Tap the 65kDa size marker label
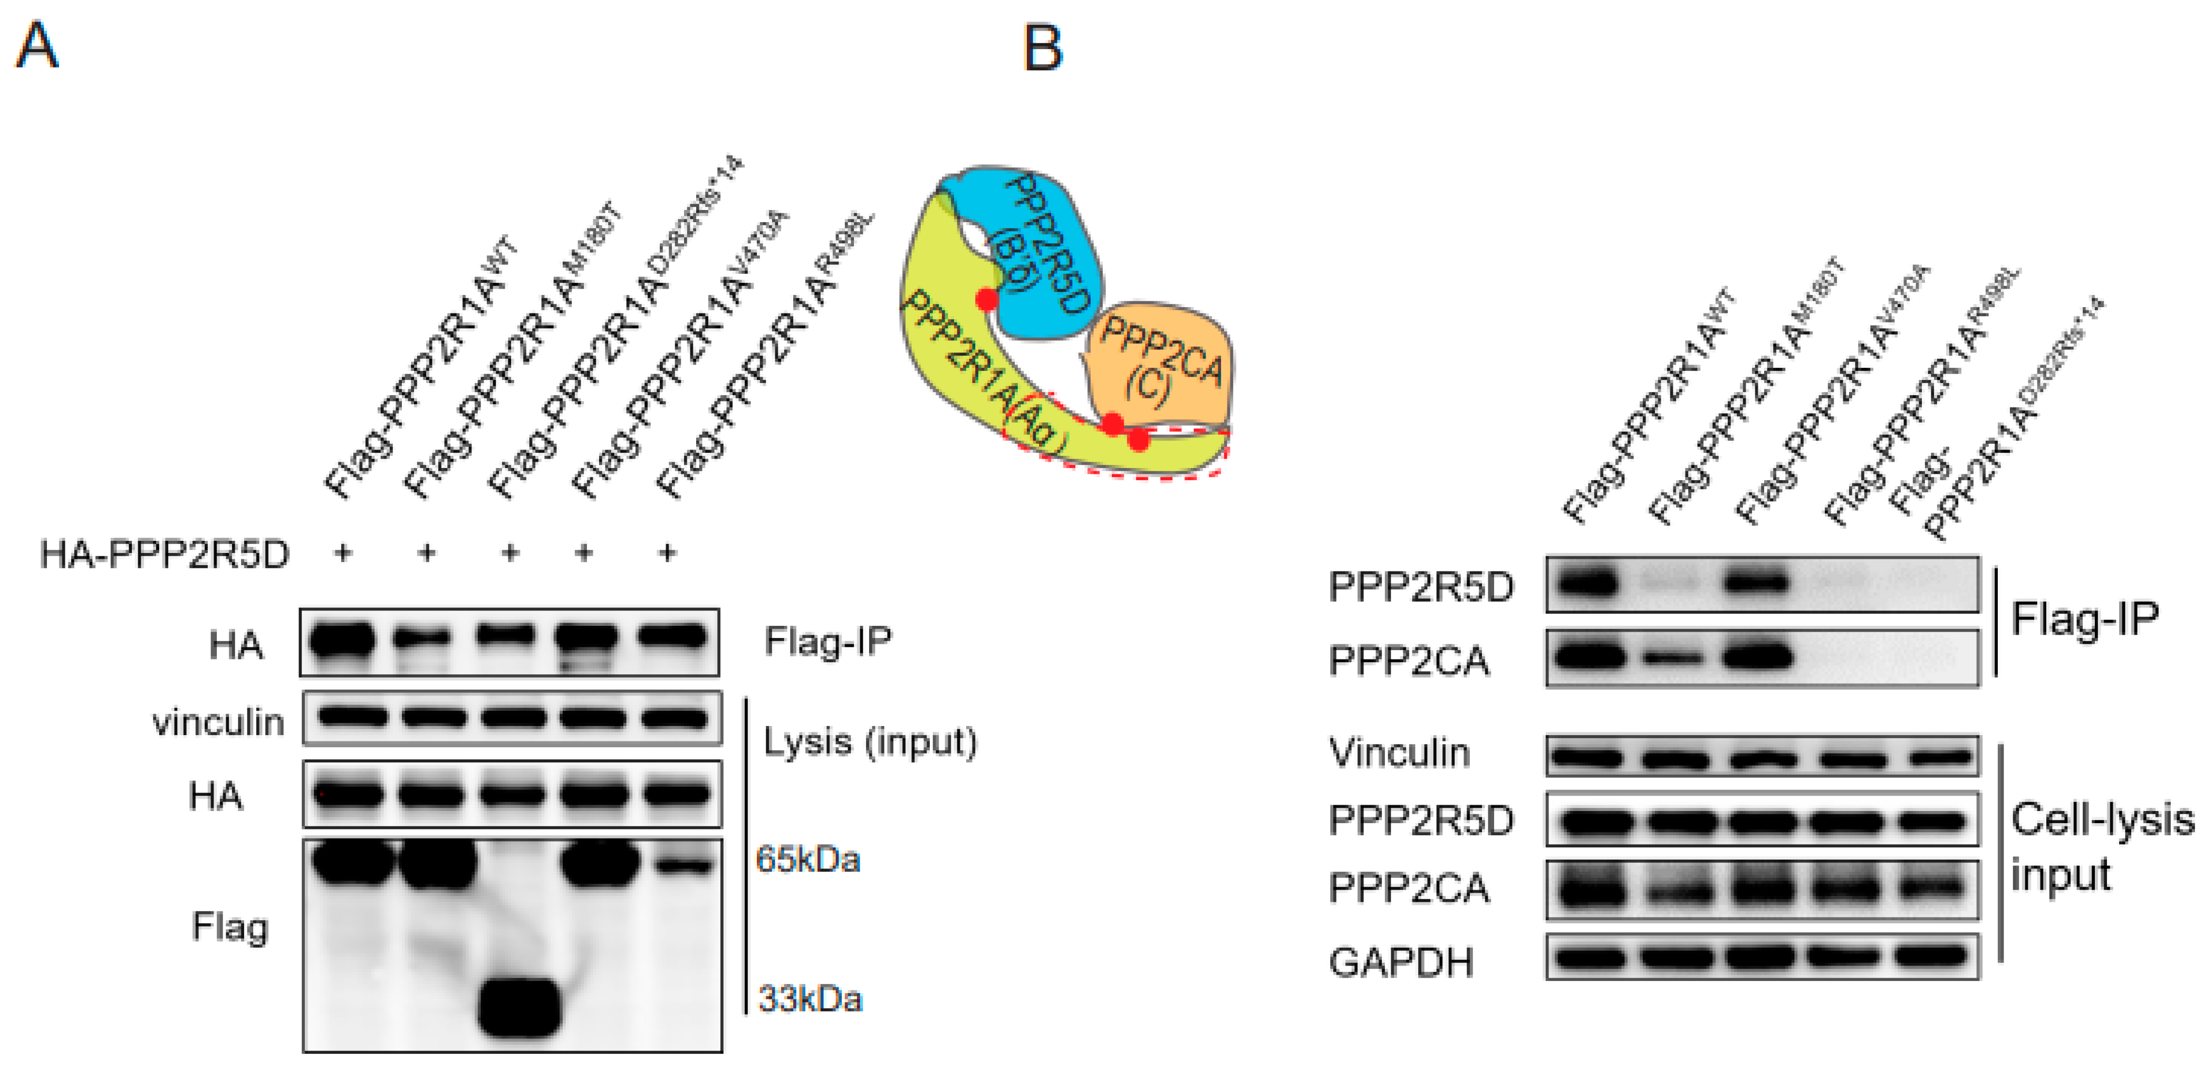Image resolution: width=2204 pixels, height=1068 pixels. [x=807, y=859]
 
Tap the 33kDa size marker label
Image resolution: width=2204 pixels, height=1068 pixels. [x=810, y=999]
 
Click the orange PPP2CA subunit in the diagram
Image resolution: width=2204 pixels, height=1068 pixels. [x=1159, y=364]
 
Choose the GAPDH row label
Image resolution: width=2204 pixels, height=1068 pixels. [x=1401, y=962]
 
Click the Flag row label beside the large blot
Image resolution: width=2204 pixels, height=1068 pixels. [x=229, y=927]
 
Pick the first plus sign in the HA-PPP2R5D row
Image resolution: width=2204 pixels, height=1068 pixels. [x=343, y=554]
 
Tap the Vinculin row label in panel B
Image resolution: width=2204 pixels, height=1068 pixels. [x=1399, y=753]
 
